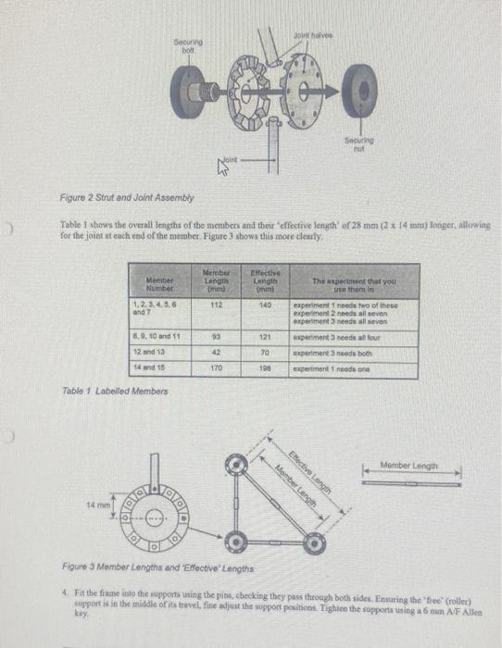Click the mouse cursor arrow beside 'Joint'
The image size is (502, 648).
click(x=222, y=168)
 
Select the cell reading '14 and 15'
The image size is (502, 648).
click(x=152, y=368)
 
